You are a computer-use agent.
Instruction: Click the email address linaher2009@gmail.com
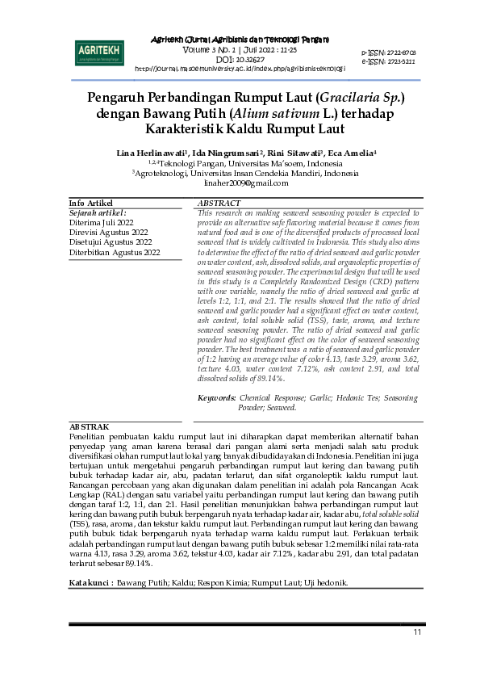pyautogui.click(x=240, y=183)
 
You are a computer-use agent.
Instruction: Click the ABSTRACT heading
pyautogui.click(x=219, y=203)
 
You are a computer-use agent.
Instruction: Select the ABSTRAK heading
pyautogui.click(x=89, y=425)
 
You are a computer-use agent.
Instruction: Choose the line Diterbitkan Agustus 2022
pyautogui.click(x=115, y=252)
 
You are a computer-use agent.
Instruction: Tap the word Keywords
pyautogui.click(x=216, y=398)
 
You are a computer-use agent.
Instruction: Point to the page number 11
pyautogui.click(x=417, y=632)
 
